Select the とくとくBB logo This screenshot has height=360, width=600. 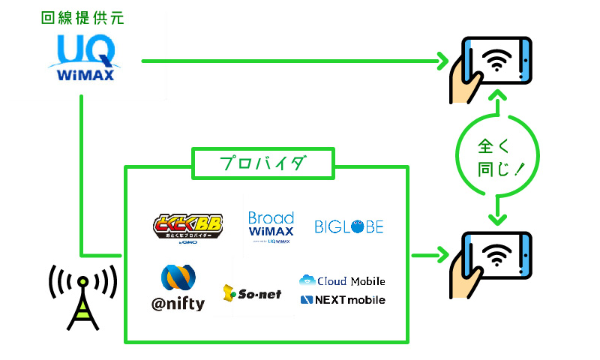[x=187, y=227]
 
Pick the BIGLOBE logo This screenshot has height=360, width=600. [x=349, y=226]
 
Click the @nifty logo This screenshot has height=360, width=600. [x=177, y=288]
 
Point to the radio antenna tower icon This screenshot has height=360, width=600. [x=82, y=295]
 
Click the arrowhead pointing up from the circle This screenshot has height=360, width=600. [x=496, y=98]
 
